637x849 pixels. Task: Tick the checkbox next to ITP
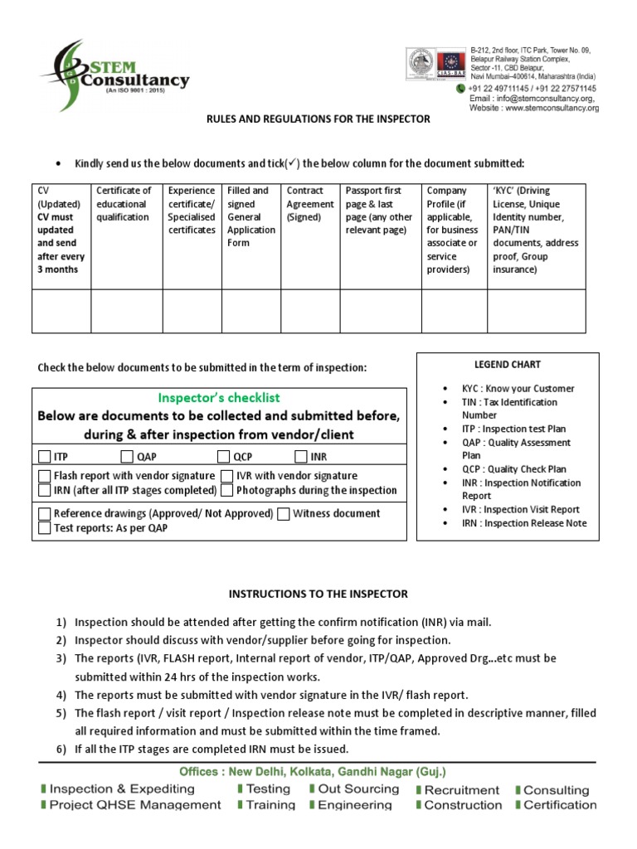[45, 456]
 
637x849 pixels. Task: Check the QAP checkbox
[127, 456]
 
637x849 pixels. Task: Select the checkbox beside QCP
[223, 456]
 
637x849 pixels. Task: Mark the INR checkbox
[300, 456]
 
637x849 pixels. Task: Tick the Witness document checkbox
[284, 514]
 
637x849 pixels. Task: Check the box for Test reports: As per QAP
[45, 528]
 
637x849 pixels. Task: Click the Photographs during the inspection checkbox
[227, 490]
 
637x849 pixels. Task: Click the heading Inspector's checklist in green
[219, 398]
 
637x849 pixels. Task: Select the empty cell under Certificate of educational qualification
[126, 311]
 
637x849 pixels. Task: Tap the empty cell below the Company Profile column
[454, 311]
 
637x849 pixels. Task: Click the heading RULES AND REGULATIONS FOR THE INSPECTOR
[318, 119]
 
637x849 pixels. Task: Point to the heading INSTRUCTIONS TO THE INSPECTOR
[318, 594]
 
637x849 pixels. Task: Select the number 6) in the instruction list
[61, 750]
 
